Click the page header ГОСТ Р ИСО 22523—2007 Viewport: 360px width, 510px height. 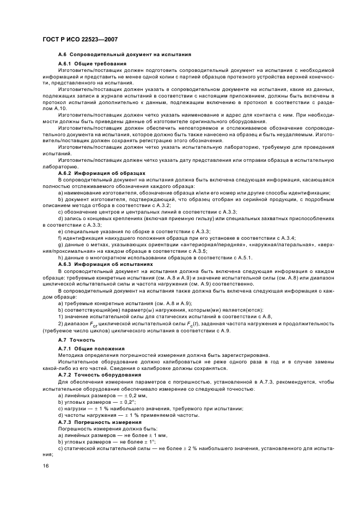[x=81, y=40]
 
